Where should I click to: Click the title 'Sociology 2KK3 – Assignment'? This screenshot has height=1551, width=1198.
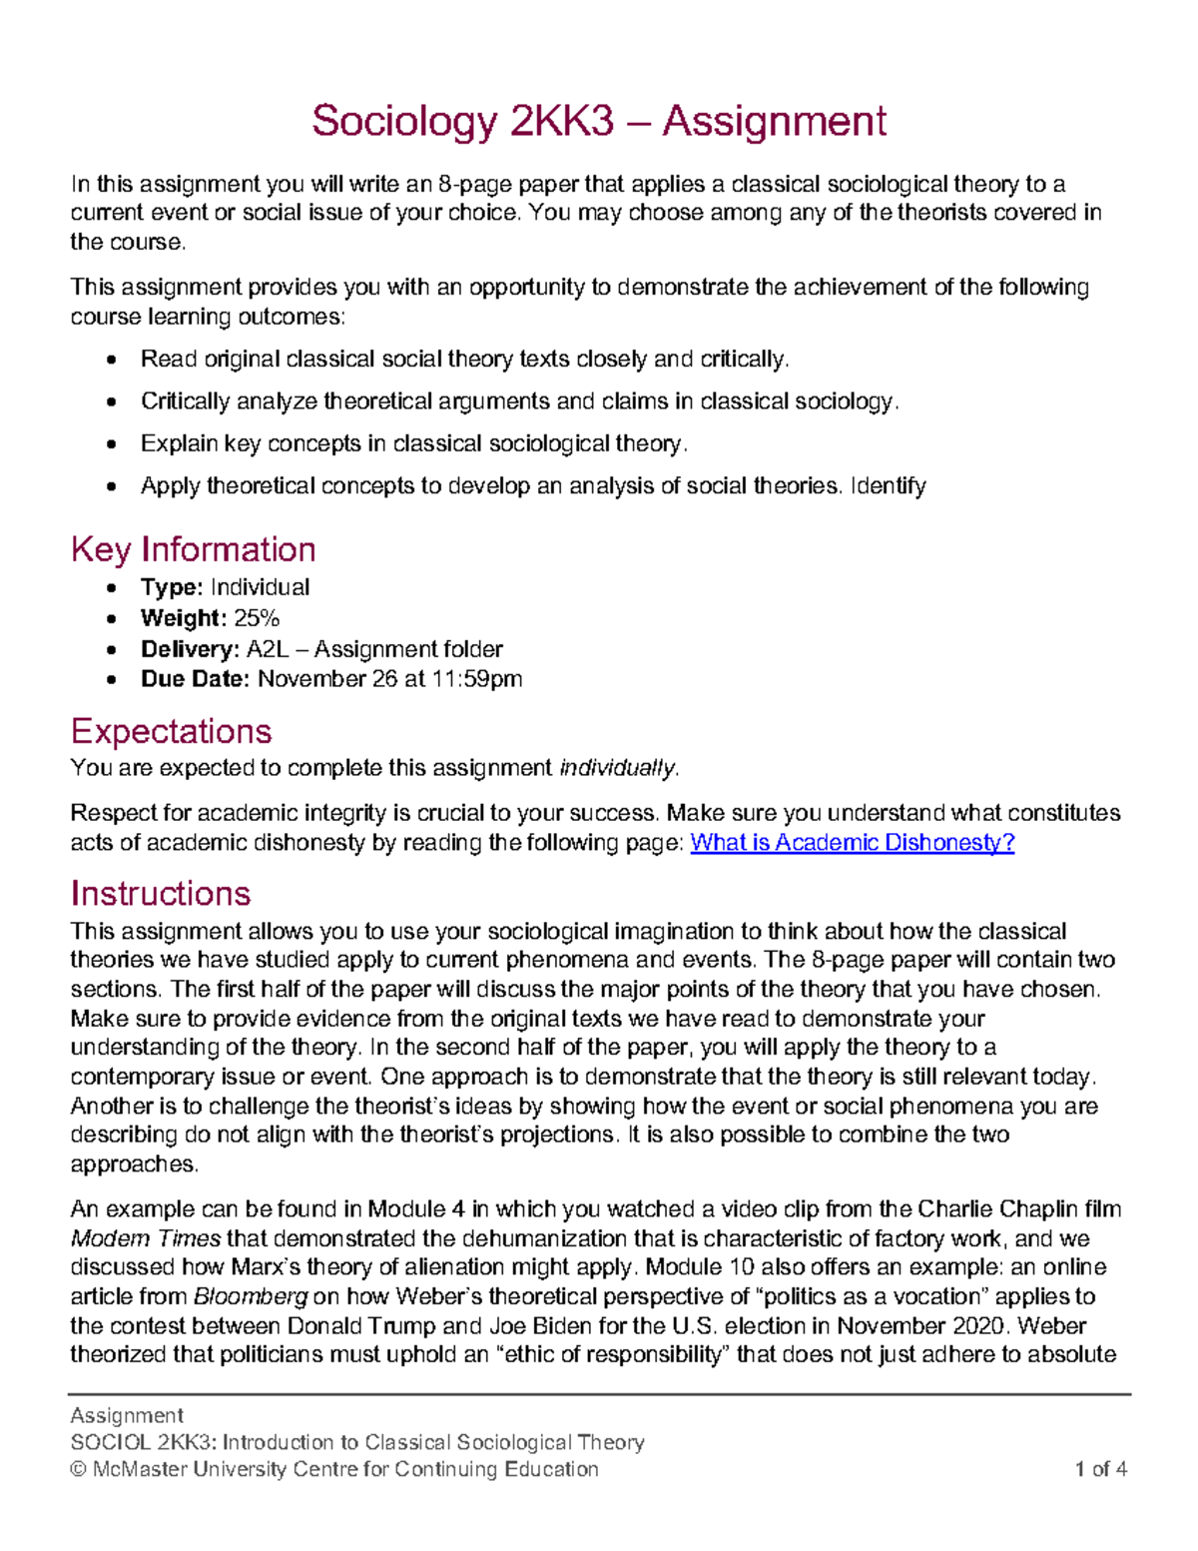[598, 122]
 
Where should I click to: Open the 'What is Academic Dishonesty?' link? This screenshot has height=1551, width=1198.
[853, 842]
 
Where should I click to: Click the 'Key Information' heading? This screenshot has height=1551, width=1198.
[193, 549]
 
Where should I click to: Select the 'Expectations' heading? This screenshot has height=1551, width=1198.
[171, 731]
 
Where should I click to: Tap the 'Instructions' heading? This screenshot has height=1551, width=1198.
[160, 893]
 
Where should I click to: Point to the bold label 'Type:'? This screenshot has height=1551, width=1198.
[172, 587]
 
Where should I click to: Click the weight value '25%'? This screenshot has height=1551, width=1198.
[257, 618]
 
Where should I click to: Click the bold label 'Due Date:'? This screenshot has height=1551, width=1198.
[195, 679]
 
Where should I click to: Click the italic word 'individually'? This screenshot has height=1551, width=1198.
[618, 768]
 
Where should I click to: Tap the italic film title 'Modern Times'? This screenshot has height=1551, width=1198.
[146, 1238]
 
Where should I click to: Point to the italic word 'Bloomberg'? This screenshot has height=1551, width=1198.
[250, 1296]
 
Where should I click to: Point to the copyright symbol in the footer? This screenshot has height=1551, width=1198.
[78, 1469]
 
